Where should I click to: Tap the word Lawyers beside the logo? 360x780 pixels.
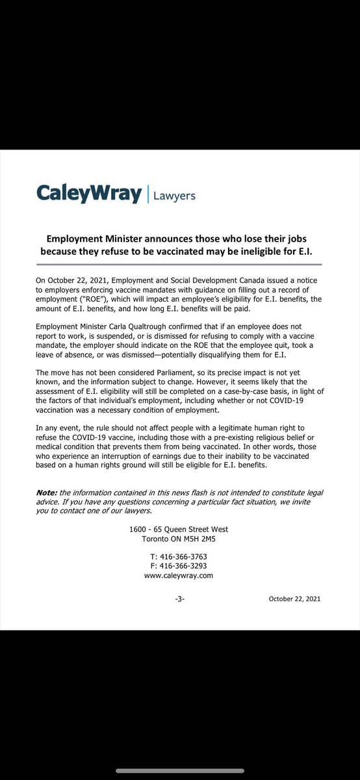(x=174, y=195)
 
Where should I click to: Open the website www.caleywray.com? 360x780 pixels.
(x=179, y=575)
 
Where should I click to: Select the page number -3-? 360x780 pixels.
(x=179, y=599)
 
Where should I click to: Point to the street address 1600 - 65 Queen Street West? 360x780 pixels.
(x=179, y=530)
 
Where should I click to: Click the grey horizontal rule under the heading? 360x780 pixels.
(x=179, y=264)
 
